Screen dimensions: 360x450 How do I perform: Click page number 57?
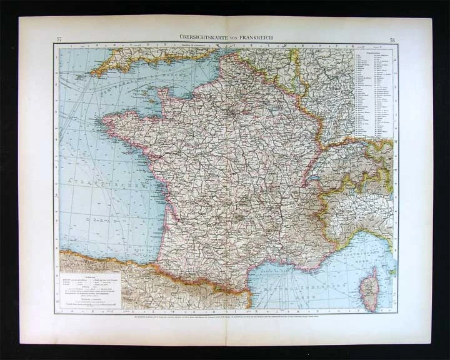pyautogui.click(x=59, y=40)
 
